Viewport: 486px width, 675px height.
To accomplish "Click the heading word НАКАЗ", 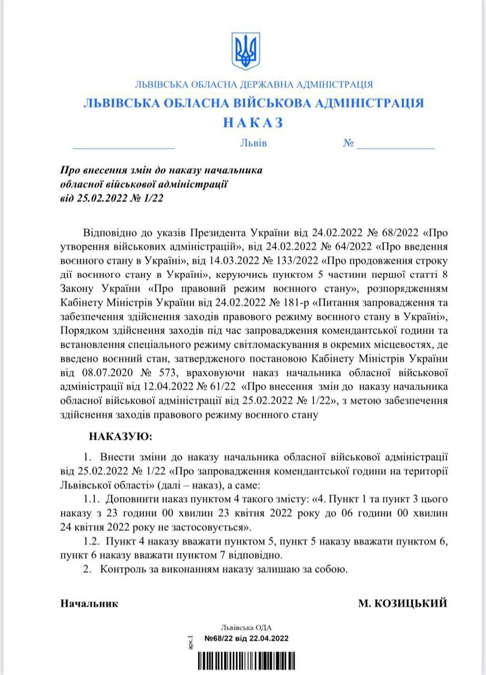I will tap(253, 122).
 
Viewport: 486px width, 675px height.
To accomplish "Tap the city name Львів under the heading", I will tap(253, 143).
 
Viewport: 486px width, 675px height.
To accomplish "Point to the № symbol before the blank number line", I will tap(348, 143).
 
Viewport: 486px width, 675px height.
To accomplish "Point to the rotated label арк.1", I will tap(191, 640).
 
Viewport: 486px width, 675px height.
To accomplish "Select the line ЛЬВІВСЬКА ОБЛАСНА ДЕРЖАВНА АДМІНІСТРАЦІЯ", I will tap(254, 84).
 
